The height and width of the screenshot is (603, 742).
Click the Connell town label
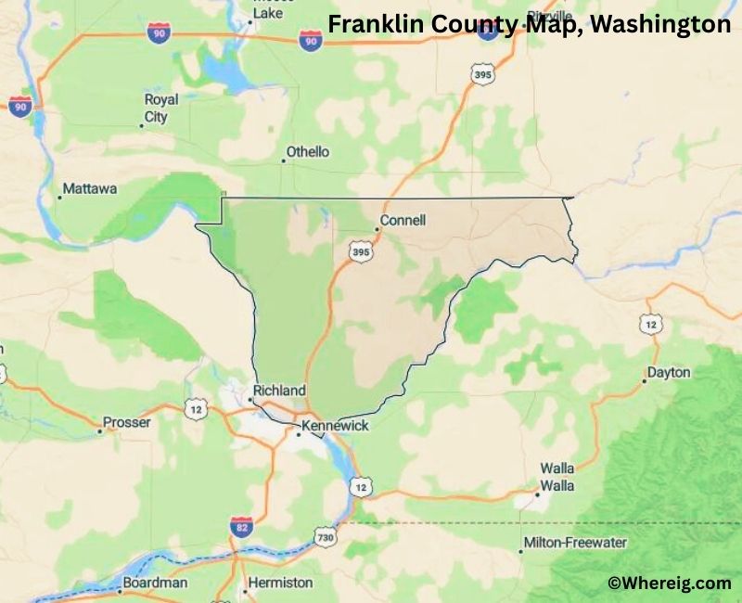click(404, 221)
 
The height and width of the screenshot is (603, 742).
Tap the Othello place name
click(307, 152)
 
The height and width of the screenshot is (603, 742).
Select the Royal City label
click(160, 109)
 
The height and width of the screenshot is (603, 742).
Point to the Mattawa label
click(89, 189)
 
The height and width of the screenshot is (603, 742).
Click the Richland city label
click(280, 391)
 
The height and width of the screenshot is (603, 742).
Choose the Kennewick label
click(337, 425)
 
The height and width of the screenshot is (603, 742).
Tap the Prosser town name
click(126, 422)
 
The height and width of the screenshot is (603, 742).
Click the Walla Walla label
click(557, 477)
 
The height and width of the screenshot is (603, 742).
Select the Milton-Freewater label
click(575, 543)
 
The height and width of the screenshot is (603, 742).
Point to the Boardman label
click(157, 583)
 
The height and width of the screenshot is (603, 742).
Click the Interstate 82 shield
click(241, 527)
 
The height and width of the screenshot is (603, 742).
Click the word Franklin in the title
click(368, 25)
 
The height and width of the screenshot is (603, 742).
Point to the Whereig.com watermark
click(669, 583)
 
